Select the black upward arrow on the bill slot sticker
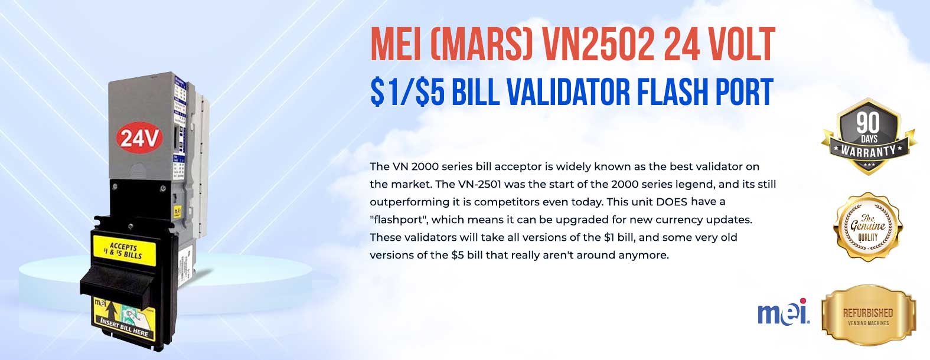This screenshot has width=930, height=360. click(110, 309)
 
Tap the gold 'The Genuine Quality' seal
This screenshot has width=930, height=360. click(868, 226)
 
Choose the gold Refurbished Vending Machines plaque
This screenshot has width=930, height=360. click(868, 316)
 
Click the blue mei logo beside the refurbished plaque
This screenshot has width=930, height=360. click(784, 313)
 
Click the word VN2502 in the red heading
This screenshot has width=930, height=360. click(596, 45)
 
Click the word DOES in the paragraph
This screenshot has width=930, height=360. click(671, 202)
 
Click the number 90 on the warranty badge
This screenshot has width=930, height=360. click(868, 123)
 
